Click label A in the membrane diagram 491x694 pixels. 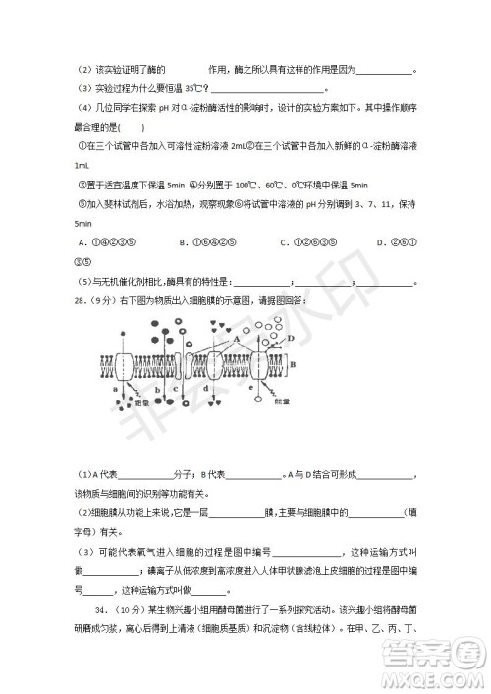pos(237,334)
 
